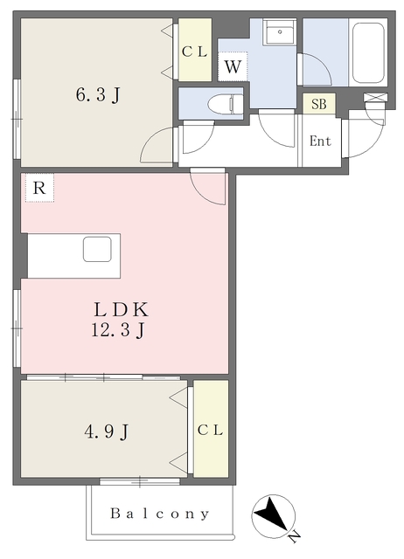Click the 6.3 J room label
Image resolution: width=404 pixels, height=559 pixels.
click(x=97, y=95)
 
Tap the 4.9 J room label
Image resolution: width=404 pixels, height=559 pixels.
click(x=107, y=432)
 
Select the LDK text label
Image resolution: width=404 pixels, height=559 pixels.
click(x=121, y=309)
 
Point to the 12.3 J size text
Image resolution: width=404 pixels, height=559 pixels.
click(x=118, y=330)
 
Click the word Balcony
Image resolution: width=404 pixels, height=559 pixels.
click(x=160, y=514)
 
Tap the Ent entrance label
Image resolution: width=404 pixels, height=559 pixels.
click(x=320, y=141)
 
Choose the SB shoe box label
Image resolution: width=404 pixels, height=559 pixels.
click(x=318, y=104)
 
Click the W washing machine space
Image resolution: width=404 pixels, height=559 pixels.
click(x=233, y=66)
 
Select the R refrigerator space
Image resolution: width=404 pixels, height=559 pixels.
click(x=39, y=188)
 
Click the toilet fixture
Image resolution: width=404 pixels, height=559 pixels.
click(x=226, y=104)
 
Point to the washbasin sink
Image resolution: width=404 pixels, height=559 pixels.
click(x=280, y=31)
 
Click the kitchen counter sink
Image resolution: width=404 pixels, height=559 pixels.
click(x=97, y=249)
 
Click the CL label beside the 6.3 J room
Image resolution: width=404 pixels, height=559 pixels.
click(x=194, y=52)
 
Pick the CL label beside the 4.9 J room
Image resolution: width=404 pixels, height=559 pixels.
click(x=210, y=431)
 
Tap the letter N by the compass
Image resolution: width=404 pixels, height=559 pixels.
click(x=295, y=537)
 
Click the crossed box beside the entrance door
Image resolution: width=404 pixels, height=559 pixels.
click(x=375, y=97)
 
